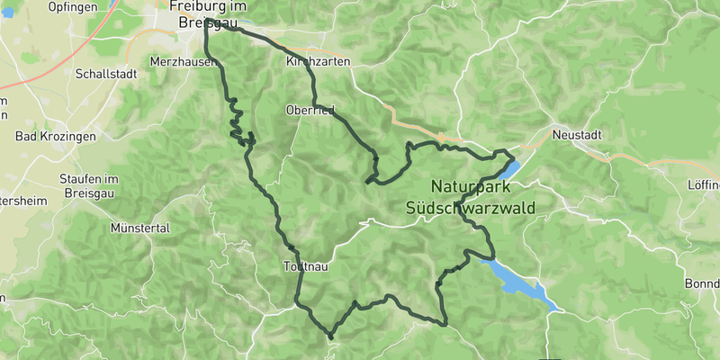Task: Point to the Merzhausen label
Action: point(184,62)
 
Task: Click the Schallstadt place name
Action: point(106,75)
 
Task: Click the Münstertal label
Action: point(139,229)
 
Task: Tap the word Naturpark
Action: point(470,187)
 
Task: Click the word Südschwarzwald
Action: point(470,208)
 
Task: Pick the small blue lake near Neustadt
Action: point(509,168)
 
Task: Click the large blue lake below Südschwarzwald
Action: point(522,284)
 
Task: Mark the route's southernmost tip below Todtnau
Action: point(330,337)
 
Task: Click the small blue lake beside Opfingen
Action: point(112,4)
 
